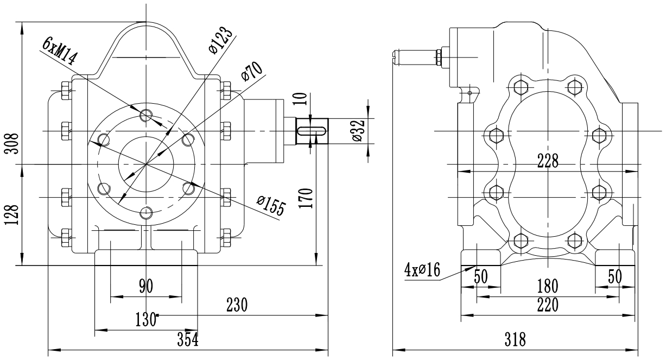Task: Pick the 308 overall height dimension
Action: click(11, 144)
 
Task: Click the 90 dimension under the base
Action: click(145, 286)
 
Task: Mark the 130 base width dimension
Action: click(144, 319)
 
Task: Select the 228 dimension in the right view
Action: click(547, 161)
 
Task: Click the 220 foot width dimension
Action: click(548, 306)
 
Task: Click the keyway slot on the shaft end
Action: click(311, 131)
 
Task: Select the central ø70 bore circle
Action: click(145, 163)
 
